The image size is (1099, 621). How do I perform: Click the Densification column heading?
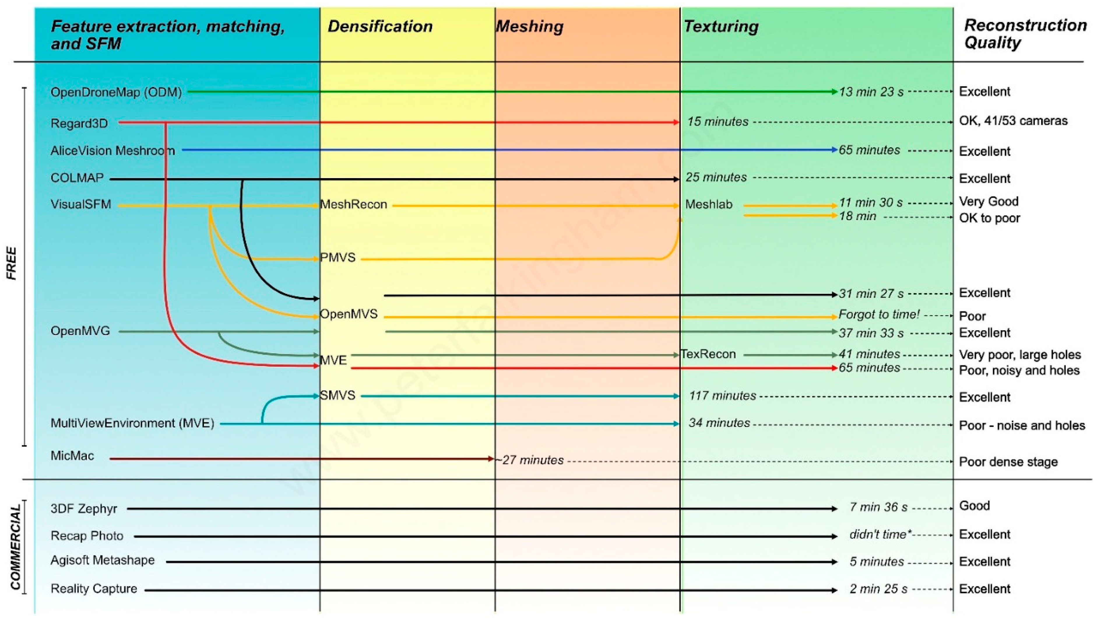pyautogui.click(x=380, y=27)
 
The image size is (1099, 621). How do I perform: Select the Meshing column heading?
pyautogui.click(x=530, y=27)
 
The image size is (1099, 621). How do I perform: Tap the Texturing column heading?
pyautogui.click(x=721, y=27)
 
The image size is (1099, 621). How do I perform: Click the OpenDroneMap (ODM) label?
pyautogui.click(x=116, y=92)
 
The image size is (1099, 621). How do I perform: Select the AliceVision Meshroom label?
pyautogui.click(x=112, y=151)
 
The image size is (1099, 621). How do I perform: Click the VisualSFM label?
pyautogui.click(x=81, y=204)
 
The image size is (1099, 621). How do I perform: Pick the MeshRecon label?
pyautogui.click(x=354, y=204)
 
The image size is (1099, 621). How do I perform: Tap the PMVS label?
pyautogui.click(x=338, y=258)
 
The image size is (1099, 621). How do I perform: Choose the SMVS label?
pyautogui.click(x=338, y=395)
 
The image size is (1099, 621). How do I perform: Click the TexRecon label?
pyautogui.click(x=708, y=354)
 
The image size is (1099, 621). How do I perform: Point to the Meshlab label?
pyautogui.click(x=709, y=204)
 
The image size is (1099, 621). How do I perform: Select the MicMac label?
pyautogui.click(x=72, y=456)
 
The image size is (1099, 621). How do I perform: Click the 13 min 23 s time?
pyautogui.click(x=871, y=92)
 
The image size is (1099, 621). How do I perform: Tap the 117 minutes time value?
pyautogui.click(x=722, y=396)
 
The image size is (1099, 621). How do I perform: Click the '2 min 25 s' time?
pyautogui.click(x=878, y=589)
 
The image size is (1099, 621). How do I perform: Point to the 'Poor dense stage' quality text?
pyautogui.click(x=1008, y=462)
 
